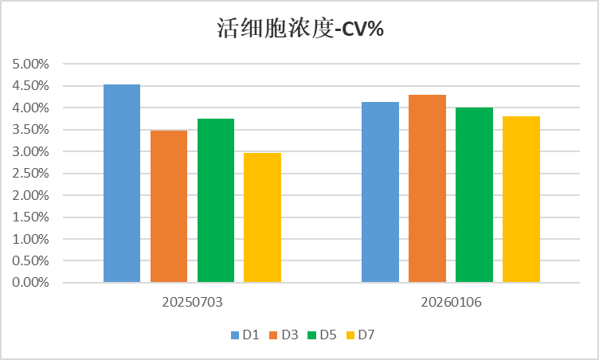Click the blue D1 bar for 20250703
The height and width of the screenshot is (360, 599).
point(122,183)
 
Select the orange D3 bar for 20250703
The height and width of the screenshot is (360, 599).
point(169,206)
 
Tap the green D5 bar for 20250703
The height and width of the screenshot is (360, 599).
point(216,201)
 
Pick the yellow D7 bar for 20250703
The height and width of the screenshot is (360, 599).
point(262,217)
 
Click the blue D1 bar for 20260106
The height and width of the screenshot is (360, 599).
point(380,192)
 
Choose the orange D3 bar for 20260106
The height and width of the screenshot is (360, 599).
point(427,189)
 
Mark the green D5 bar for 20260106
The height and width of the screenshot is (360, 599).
point(474,195)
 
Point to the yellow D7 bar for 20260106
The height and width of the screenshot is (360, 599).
point(521,199)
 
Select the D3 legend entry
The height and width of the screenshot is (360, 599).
point(284,335)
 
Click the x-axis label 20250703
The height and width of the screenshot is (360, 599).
point(192,303)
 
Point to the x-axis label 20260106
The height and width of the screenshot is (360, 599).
point(451,303)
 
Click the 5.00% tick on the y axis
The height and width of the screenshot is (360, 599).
point(31,64)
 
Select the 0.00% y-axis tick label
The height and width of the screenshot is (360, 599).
point(31,283)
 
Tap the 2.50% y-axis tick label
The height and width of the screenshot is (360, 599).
point(31,173)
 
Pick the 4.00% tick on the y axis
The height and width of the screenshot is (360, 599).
point(31,108)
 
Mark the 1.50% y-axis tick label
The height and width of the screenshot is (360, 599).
point(31,217)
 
